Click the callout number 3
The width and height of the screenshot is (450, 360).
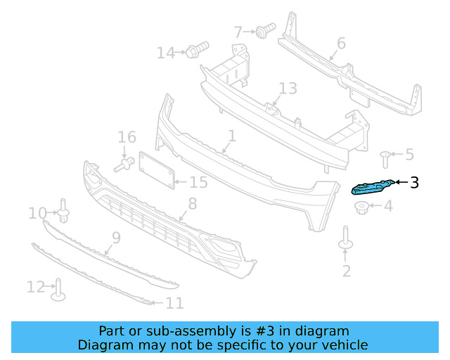pyautogui.click(x=414, y=183)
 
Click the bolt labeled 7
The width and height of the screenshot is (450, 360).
pyautogui.click(x=265, y=31)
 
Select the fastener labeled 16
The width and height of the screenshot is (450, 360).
pyautogui.click(x=124, y=164)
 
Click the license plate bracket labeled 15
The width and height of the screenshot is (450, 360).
pyautogui.click(x=156, y=171)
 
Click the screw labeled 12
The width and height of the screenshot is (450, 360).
pyautogui.click(x=58, y=289)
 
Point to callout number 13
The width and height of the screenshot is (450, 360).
pyautogui.click(x=288, y=89)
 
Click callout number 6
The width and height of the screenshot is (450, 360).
pyautogui.click(x=341, y=44)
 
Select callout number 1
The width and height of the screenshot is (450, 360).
pyautogui.click(x=231, y=134)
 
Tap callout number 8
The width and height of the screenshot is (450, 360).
pyautogui.click(x=191, y=205)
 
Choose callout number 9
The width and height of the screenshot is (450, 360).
pyautogui.click(x=116, y=237)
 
